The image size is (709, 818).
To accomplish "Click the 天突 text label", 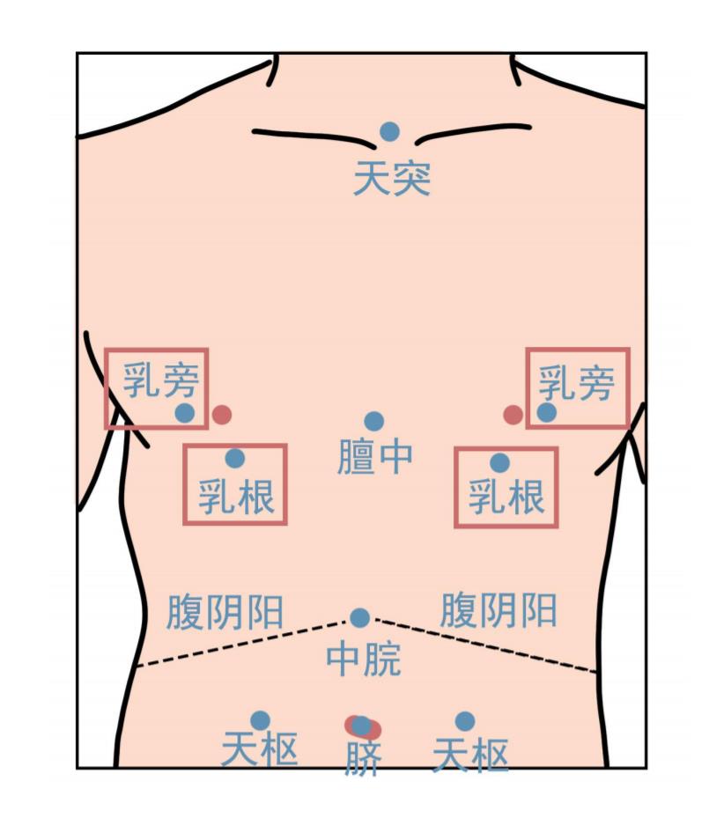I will pyautogui.click(x=392, y=178).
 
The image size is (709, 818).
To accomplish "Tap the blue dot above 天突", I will pyautogui.click(x=390, y=132).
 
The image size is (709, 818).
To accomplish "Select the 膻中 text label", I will pyautogui.click(x=375, y=457).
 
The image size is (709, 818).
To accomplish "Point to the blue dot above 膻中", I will pyautogui.click(x=374, y=422).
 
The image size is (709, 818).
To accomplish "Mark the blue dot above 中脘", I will pyautogui.click(x=359, y=618).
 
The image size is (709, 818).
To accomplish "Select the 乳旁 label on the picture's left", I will pyautogui.click(x=161, y=380).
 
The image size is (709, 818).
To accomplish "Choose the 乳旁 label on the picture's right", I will pyautogui.click(x=576, y=383).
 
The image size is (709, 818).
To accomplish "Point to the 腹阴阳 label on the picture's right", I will pyautogui.click(x=499, y=609).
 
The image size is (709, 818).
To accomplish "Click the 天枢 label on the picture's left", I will pyautogui.click(x=259, y=751).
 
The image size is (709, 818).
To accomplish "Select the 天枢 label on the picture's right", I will pyautogui.click(x=470, y=755).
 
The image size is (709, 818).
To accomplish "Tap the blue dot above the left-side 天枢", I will pyautogui.click(x=260, y=721).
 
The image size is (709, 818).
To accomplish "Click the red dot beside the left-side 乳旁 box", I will pyautogui.click(x=222, y=414).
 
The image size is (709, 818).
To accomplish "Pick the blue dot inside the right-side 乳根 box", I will pyautogui.click(x=499, y=462).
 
